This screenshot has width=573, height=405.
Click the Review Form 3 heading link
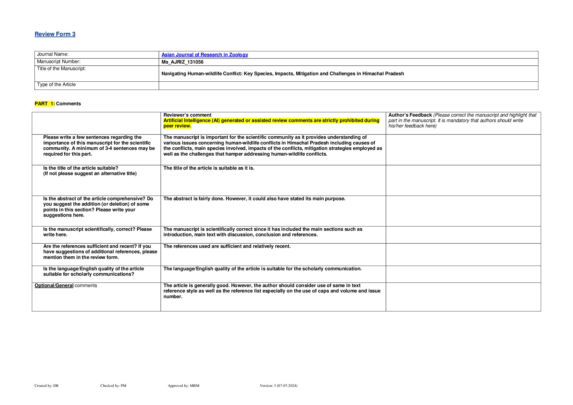point(55,34)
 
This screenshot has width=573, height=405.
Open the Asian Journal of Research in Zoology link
point(205,55)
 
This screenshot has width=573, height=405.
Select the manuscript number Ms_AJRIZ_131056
point(182,62)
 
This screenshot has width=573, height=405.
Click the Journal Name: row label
point(53,54)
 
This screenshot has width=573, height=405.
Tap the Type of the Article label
point(56,85)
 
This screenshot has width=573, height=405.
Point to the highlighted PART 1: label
point(45,104)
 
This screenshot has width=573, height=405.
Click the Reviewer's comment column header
point(187,115)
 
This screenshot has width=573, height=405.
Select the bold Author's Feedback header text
point(410,115)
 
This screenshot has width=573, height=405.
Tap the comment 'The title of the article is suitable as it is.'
point(209,168)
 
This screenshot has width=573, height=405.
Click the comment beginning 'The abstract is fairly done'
point(254,199)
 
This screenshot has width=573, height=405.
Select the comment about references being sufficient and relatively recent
point(227,246)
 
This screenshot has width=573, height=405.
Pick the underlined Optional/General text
point(54,285)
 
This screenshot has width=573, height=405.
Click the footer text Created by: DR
point(47,386)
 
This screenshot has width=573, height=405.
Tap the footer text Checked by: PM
point(113,386)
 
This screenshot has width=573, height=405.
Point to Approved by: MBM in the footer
point(183,386)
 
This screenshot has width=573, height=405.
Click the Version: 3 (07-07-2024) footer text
point(278,386)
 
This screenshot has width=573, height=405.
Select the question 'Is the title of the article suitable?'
point(81,168)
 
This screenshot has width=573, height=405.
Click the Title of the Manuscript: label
point(61,69)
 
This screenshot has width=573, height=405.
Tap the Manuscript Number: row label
point(58,62)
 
